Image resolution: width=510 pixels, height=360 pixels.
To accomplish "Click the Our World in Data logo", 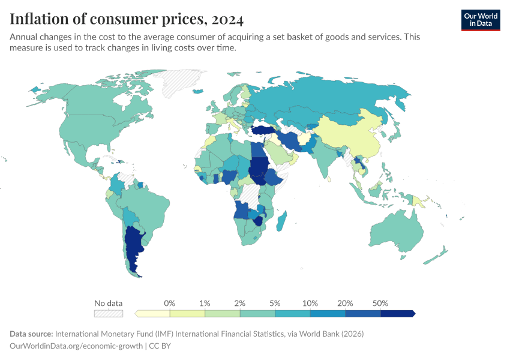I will coord(480,19).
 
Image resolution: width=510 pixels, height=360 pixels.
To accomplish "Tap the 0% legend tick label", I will coord(170,303).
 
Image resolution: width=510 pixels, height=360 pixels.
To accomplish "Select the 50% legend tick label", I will coord(380,303).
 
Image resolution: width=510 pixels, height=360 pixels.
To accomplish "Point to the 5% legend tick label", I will coord(275,303).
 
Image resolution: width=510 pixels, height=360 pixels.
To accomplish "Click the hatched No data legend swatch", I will coord(109,313).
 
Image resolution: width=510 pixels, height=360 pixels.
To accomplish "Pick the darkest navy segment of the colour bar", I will coord(397,313).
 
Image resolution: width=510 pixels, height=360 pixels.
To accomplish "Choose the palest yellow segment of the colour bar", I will coord(153,313).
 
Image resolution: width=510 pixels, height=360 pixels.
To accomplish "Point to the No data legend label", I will coord(109,303).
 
